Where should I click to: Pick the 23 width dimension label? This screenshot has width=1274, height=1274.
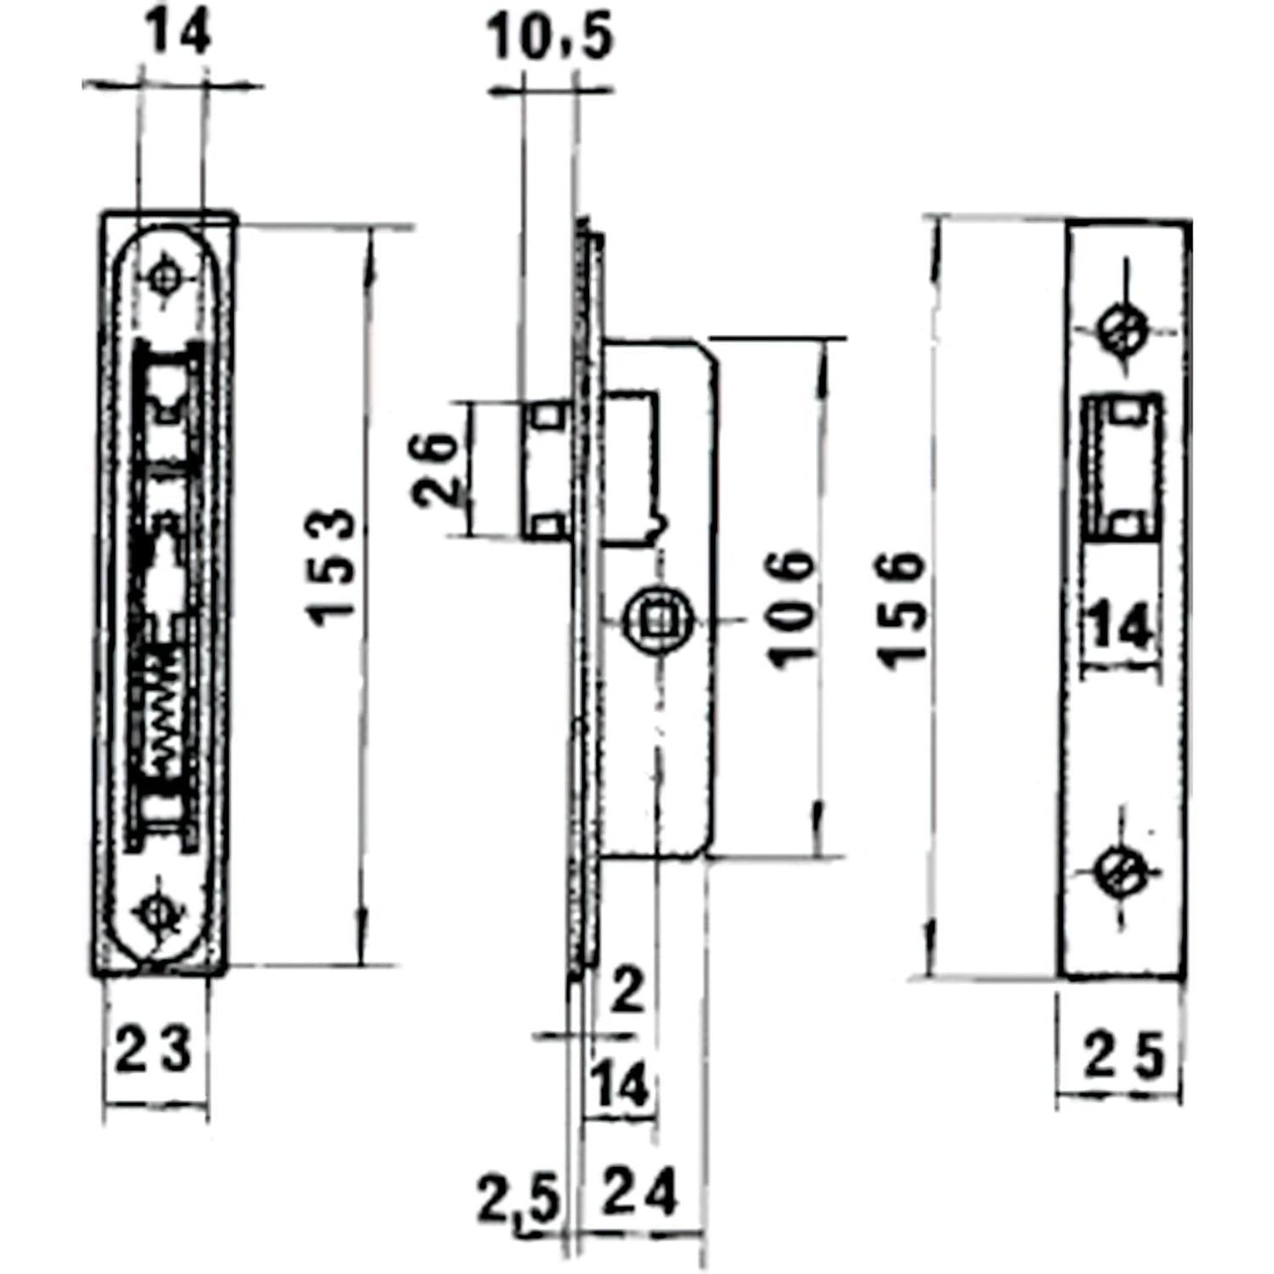tap(153, 1052)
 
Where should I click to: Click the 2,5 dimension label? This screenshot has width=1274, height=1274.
tap(518, 1201)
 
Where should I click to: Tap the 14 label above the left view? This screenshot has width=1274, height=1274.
tap(176, 35)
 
